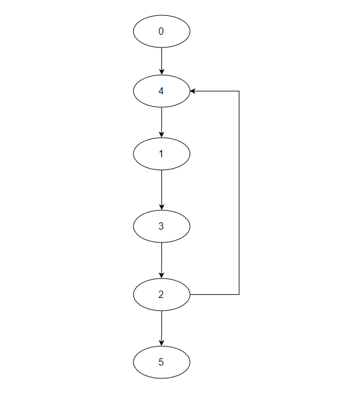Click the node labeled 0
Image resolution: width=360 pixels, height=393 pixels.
[x=161, y=31]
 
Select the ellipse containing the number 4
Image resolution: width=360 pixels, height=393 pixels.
[x=161, y=91]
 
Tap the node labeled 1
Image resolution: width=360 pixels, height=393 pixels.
[x=161, y=154]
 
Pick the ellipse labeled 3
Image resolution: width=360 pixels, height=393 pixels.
[x=161, y=226]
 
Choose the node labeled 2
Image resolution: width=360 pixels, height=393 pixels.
[x=161, y=294]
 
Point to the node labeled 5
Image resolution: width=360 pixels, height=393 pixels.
[x=161, y=362]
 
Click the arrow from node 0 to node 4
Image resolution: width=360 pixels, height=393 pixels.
[x=161, y=61]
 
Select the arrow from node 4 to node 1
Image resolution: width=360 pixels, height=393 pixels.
[x=161, y=122]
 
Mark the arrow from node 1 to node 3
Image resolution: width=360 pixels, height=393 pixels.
[x=161, y=190]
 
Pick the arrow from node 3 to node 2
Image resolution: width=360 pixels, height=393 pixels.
[x=161, y=260]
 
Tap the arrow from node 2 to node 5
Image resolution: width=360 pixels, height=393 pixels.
[x=161, y=328]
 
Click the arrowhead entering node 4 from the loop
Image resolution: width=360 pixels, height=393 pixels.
[x=192, y=91]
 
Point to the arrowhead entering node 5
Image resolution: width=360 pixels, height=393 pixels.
[x=161, y=343]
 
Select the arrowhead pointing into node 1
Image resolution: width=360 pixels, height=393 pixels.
[x=161, y=135]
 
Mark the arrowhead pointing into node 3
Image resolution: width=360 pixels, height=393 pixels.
[x=161, y=207]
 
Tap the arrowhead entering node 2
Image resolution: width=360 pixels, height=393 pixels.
[x=161, y=275]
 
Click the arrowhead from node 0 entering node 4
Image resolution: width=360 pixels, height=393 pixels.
[x=161, y=72]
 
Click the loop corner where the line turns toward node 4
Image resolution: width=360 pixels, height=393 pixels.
[x=239, y=91]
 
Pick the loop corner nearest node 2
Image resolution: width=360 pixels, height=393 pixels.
[x=239, y=294]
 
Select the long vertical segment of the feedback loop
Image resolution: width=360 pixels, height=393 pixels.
[x=239, y=193]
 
